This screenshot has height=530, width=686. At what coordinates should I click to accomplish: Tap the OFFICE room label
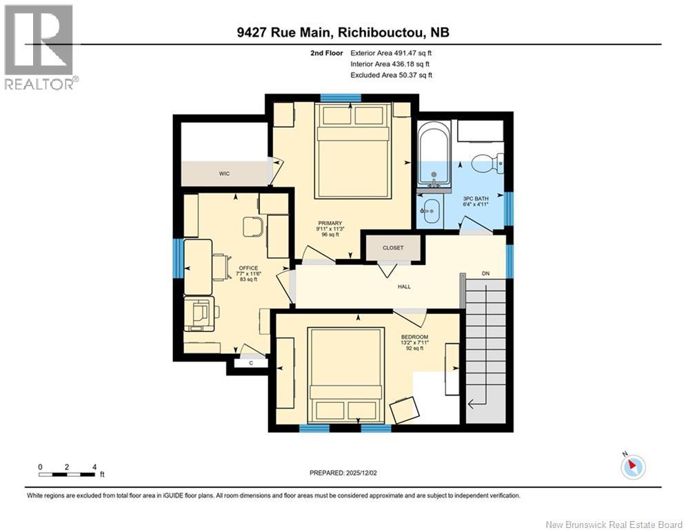[248, 268]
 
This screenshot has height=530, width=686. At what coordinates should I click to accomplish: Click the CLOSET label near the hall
[393, 248]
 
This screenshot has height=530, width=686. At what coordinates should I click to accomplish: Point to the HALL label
[404, 286]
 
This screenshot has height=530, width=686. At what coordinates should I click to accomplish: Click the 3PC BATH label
[475, 199]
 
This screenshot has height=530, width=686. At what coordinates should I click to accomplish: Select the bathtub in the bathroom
[434, 153]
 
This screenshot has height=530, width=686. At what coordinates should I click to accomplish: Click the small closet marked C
[250, 362]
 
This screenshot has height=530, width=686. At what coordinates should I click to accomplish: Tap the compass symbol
[632, 467]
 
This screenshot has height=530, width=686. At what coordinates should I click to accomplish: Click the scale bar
[67, 474]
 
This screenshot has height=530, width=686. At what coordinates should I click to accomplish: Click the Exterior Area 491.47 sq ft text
[391, 52]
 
